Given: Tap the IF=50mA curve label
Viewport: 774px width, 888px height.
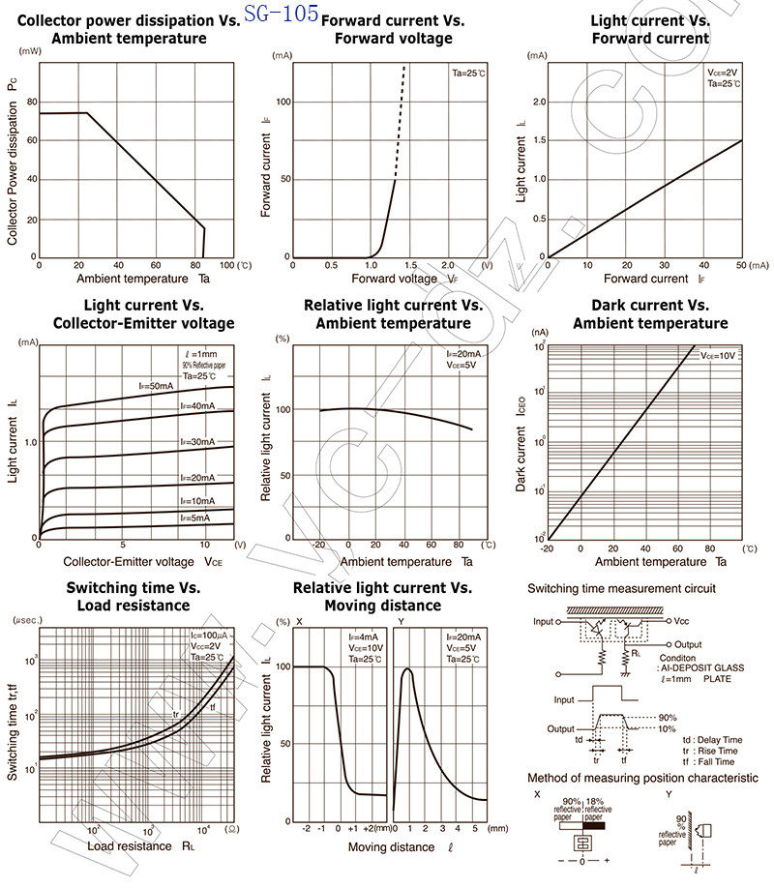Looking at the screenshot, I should tap(155, 386).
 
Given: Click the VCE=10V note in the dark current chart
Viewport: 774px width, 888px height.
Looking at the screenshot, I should tap(718, 356).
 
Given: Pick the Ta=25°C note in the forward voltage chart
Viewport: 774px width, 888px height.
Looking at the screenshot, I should tap(470, 74).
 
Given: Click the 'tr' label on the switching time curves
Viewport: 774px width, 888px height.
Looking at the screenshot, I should tap(175, 715).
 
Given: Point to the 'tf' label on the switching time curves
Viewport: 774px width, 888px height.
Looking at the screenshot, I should tap(213, 707).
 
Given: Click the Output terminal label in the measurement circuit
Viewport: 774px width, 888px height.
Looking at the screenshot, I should tap(688, 643).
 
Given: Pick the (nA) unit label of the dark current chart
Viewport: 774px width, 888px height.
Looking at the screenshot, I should tap(540, 333).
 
